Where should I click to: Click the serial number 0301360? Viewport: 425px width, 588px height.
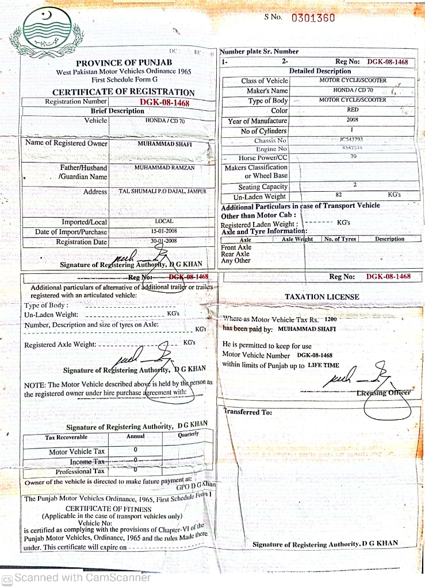point(313,18)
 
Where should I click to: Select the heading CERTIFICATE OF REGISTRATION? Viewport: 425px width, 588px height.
point(124,92)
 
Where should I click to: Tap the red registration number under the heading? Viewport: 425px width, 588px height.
point(164,102)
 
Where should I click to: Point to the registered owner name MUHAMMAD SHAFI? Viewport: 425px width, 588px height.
point(165,144)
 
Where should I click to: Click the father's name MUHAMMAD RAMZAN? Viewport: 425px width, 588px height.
point(165,168)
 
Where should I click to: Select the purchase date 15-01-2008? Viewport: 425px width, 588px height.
point(164,231)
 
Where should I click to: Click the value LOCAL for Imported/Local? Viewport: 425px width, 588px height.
point(164,221)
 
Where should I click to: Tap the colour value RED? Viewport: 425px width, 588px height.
point(353,110)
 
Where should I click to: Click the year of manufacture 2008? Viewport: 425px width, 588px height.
point(353,121)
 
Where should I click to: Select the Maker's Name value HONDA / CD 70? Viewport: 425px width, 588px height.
point(353,90)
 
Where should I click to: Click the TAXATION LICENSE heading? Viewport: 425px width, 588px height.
point(322,297)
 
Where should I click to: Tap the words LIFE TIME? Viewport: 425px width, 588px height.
point(324,365)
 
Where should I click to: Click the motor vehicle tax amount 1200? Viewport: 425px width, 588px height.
point(331,319)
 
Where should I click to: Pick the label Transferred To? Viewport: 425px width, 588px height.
point(247,412)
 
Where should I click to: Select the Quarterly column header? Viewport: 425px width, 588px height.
point(189,435)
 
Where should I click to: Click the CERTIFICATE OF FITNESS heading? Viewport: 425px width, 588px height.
point(109,509)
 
